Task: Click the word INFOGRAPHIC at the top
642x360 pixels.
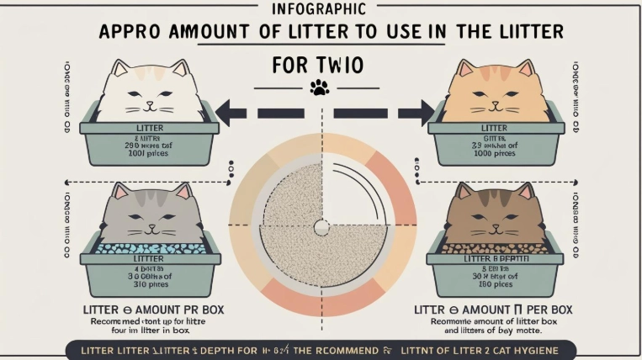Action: click(x=320, y=10)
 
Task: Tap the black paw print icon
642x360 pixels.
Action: click(x=320, y=86)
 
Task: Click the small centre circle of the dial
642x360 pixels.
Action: click(x=321, y=225)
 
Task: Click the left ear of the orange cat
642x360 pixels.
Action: click(x=465, y=66)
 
